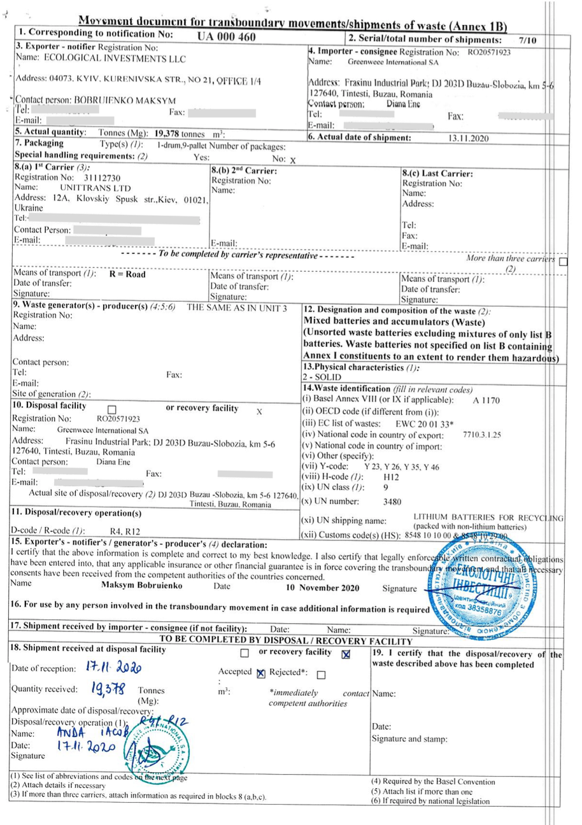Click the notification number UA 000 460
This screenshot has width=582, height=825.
coord(227,36)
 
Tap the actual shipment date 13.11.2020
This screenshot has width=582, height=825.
coord(467,137)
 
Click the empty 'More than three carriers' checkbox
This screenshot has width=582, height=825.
coord(563,260)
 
